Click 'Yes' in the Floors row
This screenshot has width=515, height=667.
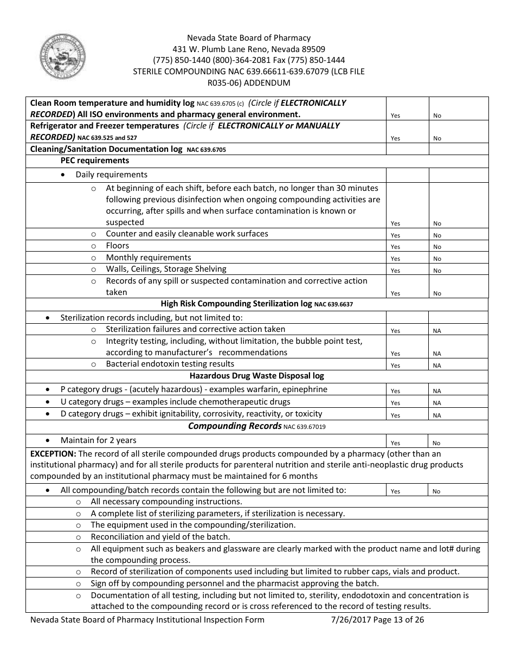pyautogui.click(x=395, y=247)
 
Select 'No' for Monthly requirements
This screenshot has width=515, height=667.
pyautogui.click(x=437, y=259)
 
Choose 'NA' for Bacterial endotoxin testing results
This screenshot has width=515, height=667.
pyautogui.click(x=437, y=365)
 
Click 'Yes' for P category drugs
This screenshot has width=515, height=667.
pyautogui.click(x=395, y=391)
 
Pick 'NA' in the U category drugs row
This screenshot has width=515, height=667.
pyautogui.click(x=437, y=403)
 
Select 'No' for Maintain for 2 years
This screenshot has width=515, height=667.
pyautogui.click(x=437, y=443)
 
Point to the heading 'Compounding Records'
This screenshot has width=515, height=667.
pyautogui.click(x=234, y=426)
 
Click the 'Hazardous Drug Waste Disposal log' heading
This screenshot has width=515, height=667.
pyautogui.click(x=257, y=375)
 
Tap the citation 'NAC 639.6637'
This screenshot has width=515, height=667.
pyautogui.click(x=333, y=305)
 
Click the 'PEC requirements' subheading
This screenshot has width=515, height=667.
pyautogui.click(x=95, y=161)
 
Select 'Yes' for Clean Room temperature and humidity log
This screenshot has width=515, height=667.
pyautogui.click(x=395, y=116)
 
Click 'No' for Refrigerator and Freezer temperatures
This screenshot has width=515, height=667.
pyautogui.click(x=437, y=138)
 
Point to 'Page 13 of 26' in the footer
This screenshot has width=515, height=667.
pyautogui.click(x=398, y=620)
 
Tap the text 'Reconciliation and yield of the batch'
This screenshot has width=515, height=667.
pyautogui.click(x=160, y=537)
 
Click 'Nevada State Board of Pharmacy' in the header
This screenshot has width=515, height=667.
pyautogui.click(x=249, y=38)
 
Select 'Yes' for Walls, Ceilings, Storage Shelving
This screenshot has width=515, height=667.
pyautogui.click(x=395, y=271)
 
